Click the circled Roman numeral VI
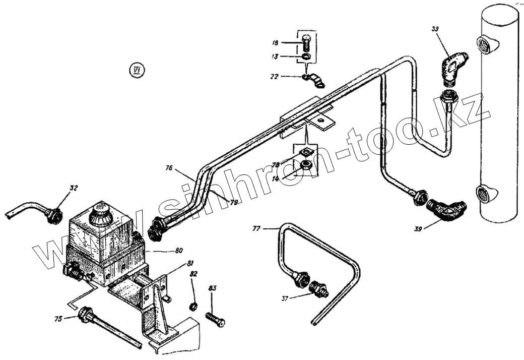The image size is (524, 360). [135, 70]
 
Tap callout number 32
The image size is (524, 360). [74, 189]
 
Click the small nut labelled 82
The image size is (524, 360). [192, 306]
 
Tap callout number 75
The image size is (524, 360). [58, 318]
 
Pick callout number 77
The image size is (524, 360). [256, 228]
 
